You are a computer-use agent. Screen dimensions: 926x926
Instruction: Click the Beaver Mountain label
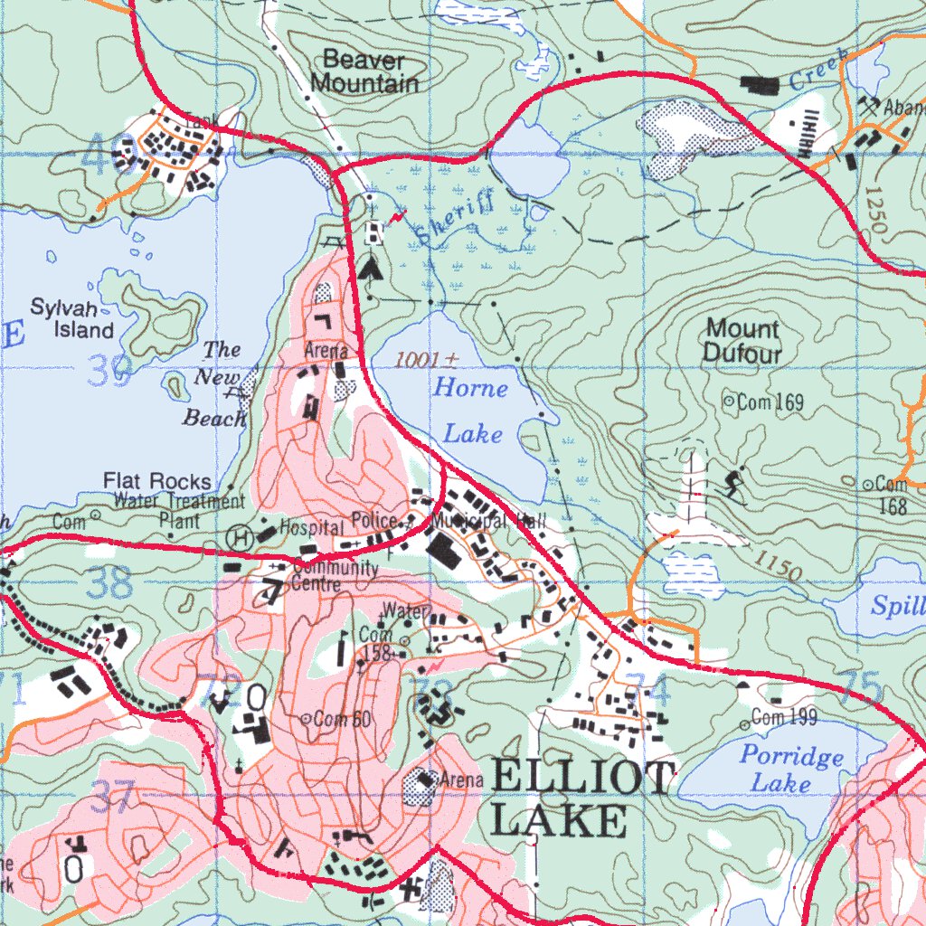(364, 72)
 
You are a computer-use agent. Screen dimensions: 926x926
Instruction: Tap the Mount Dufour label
(742, 341)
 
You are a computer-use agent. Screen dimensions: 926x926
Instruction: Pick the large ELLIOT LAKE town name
(582, 798)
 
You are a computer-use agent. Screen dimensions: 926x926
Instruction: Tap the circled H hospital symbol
(241, 535)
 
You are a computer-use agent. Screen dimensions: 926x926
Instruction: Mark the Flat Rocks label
(157, 481)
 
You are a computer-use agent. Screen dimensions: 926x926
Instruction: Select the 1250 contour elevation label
(873, 212)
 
